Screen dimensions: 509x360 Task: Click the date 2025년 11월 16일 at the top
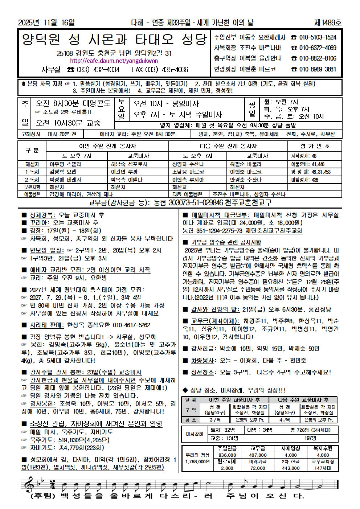coord(46,22)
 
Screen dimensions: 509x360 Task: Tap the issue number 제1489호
coord(328,22)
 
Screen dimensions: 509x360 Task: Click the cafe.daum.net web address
coord(114,61)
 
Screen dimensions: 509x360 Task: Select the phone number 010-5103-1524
coord(318,37)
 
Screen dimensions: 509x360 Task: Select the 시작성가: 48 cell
coord(304,156)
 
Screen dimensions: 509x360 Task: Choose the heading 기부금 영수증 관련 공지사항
coord(226,242)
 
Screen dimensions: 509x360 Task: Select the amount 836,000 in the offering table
coord(227,455)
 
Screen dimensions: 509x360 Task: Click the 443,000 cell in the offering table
coord(291,468)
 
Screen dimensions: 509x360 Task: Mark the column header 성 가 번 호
coord(315,146)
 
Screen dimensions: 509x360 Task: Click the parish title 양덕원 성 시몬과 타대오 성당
coord(114,39)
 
